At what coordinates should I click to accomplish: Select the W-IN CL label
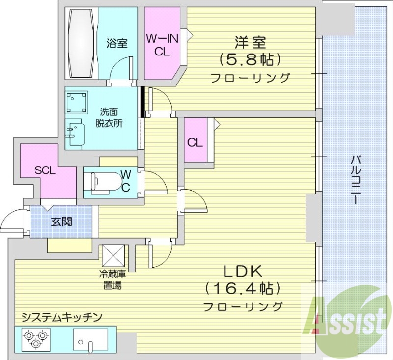point(162,44)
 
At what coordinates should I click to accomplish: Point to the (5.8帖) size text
point(250,60)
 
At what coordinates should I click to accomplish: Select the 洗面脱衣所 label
point(109,116)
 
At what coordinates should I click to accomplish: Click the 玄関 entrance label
point(61,222)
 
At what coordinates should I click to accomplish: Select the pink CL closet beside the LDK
point(195,143)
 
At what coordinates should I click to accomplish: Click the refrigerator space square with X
point(113,255)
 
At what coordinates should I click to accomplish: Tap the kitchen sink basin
point(90,339)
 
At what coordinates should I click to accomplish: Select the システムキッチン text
point(61,317)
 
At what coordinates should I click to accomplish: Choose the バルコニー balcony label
point(357,180)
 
